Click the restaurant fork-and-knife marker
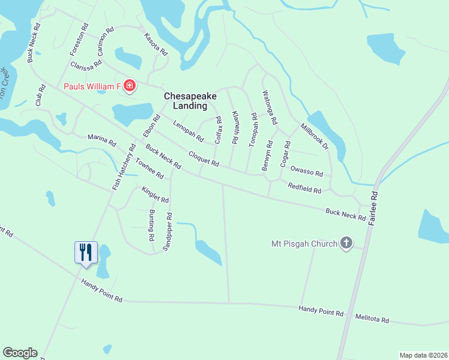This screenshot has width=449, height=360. pos(85,252)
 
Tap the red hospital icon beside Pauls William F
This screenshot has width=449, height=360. pos(130,87)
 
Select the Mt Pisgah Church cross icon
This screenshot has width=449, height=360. pos(346,243)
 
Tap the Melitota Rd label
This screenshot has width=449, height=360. pos(372,320)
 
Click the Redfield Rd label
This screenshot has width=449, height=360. pos(304,188)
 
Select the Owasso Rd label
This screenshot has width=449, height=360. pos(307,172)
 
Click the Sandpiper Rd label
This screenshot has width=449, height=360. pos(170,232)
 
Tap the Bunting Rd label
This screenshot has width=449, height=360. pos(151,226)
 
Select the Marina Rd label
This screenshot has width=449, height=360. pos(101,140)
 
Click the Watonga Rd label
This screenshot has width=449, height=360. pos(270,107)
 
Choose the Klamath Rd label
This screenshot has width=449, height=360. pos(235,128)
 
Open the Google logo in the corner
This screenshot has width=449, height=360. pos(20,353)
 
